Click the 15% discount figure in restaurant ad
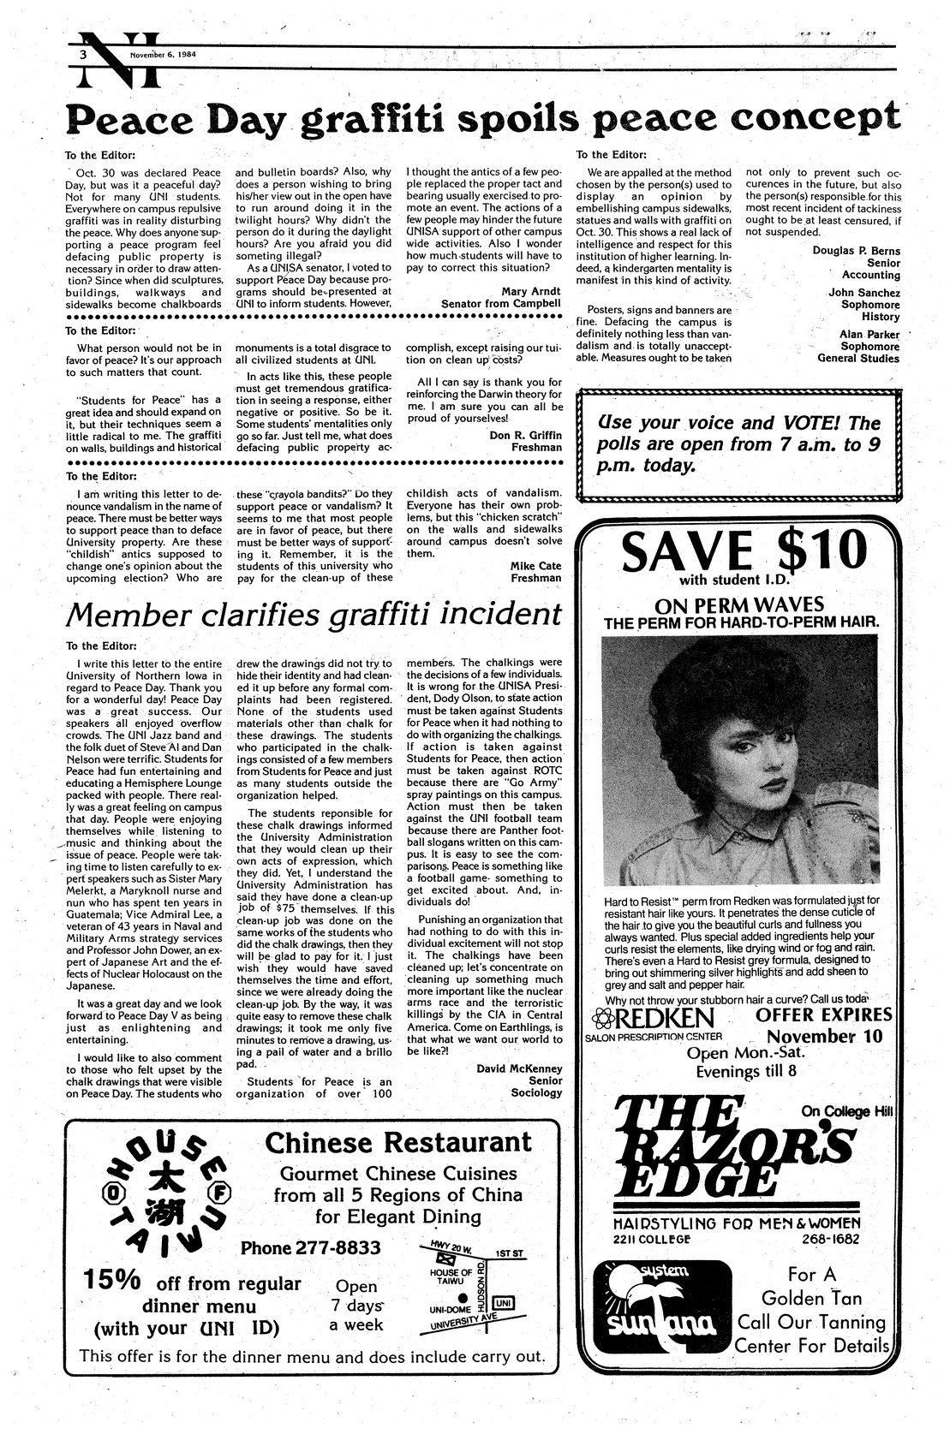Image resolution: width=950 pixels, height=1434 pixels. pyautogui.click(x=112, y=1281)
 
